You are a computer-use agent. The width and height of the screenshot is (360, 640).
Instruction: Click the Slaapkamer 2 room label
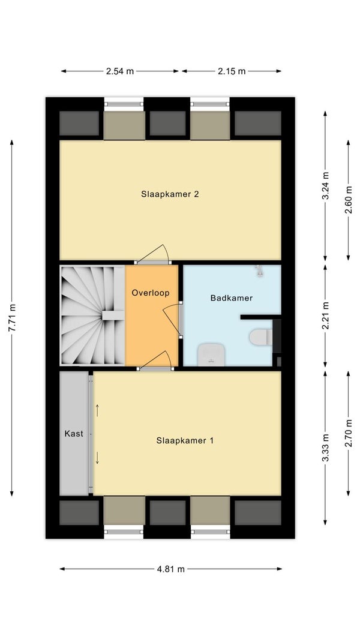[170, 194]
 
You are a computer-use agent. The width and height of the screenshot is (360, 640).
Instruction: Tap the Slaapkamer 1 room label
[185, 441]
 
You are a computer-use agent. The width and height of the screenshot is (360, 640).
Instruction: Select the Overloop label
[150, 293]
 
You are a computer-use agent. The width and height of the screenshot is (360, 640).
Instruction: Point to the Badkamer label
[232, 298]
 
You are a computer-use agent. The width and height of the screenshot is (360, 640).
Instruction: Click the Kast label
[74, 434]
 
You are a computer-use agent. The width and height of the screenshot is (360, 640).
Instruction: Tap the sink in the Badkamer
[211, 354]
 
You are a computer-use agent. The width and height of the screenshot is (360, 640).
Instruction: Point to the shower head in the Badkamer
[259, 271]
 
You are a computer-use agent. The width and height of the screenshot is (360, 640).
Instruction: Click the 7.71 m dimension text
[12, 319]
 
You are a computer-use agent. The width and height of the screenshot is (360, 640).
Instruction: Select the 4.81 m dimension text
[170, 569]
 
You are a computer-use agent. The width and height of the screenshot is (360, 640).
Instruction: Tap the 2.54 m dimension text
[120, 71]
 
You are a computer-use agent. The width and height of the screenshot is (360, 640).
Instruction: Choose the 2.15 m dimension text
[232, 71]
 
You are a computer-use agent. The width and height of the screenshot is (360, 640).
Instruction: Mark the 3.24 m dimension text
[325, 186]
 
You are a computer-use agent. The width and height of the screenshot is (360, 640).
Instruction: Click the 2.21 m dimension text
[325, 316]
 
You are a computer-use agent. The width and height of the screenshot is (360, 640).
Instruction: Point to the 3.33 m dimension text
[325, 447]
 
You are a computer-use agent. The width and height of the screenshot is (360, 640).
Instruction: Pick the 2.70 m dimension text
[348, 434]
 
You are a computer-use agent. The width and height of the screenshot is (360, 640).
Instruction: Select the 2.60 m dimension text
[348, 200]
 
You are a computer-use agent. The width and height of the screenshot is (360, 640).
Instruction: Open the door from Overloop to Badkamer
[173, 320]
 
